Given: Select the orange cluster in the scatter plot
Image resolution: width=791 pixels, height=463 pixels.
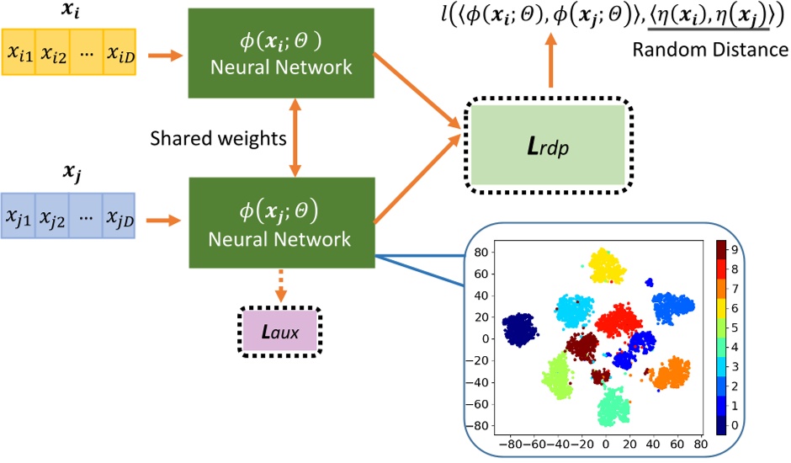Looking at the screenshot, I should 670,372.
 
